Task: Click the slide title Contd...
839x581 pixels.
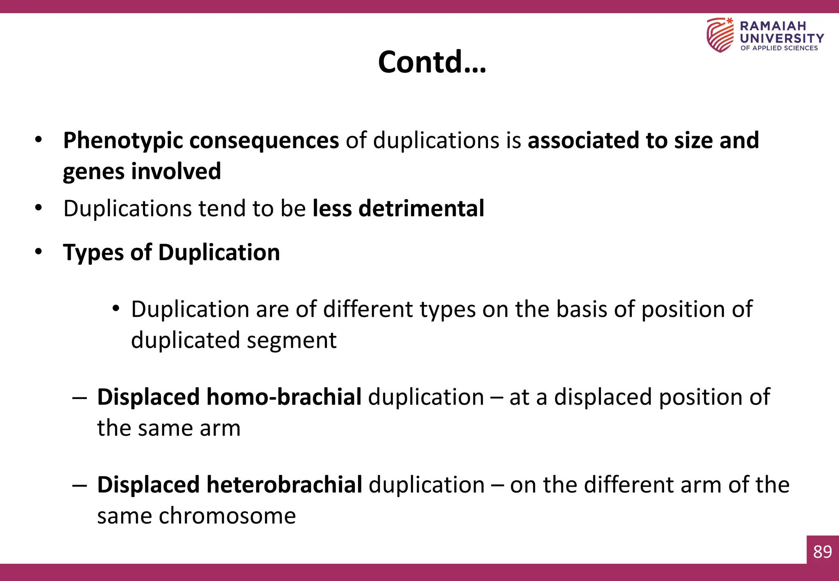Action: pyautogui.click(x=431, y=62)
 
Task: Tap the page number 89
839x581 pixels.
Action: pyautogui.click(x=822, y=552)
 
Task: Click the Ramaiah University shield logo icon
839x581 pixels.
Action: pyautogui.click(x=720, y=35)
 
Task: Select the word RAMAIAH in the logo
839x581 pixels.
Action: pyautogui.click(x=773, y=26)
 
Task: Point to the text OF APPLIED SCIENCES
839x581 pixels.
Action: pyautogui.click(x=779, y=48)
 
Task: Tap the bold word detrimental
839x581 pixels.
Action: pyautogui.click(x=421, y=208)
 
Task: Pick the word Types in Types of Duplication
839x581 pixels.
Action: pyautogui.click(x=93, y=252)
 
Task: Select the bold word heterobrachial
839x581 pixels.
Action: pyautogui.click(x=284, y=485)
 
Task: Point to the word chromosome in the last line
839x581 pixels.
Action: pyautogui.click(x=227, y=515)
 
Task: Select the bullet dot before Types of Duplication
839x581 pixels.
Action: pyautogui.click(x=39, y=252)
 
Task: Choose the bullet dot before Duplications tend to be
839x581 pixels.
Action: pyautogui.click(x=39, y=208)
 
